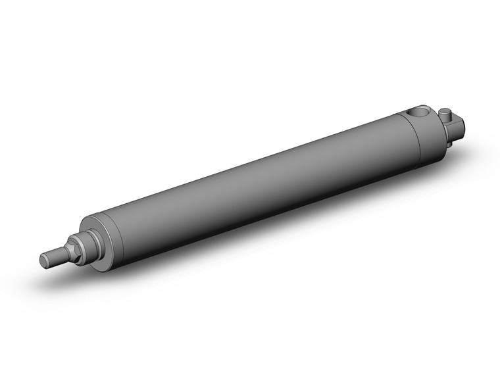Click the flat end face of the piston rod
pos(44,260)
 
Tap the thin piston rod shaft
pos(53,256)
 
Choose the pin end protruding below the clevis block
pos(450,143)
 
